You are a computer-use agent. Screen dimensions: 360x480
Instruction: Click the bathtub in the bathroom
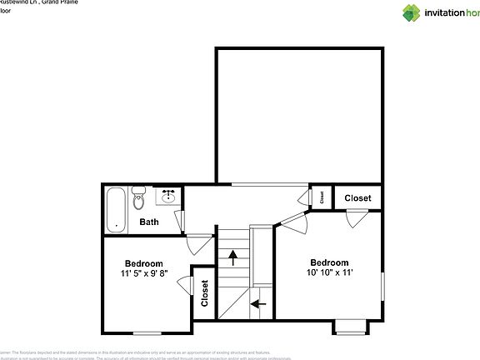[x=116, y=209]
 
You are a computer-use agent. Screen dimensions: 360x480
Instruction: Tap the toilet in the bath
[x=139, y=200]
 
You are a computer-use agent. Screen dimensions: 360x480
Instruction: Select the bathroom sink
[x=167, y=197]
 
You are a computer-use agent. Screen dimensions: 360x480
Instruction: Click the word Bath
[x=149, y=222]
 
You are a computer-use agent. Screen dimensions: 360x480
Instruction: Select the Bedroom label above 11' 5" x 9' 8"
[x=144, y=262]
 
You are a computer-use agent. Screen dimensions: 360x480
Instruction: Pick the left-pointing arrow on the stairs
[x=259, y=303]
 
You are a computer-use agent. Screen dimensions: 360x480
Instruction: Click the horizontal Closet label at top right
[x=358, y=197]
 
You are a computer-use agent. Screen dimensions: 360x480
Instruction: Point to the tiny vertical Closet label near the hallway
[x=322, y=197]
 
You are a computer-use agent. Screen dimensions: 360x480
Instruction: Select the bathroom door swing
[x=179, y=219]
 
